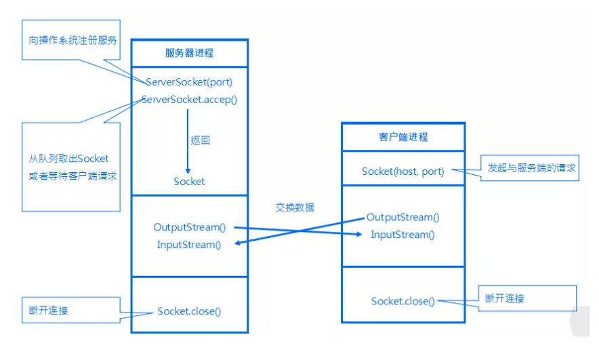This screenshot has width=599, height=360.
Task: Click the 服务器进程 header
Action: point(189,53)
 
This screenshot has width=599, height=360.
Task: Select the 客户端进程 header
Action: point(403,136)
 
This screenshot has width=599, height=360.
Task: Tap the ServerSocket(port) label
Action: point(189,82)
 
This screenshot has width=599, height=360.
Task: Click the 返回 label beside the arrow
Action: point(200,141)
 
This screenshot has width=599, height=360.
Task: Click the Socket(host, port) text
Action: point(403,172)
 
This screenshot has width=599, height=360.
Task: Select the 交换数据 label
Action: point(295,207)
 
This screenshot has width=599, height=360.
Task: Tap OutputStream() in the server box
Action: point(189,227)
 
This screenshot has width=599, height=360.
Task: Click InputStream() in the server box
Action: point(189,245)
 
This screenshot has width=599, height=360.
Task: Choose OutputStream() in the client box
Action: point(403,217)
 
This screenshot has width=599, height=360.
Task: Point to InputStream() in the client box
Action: point(403,235)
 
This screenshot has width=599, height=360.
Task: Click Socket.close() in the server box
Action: point(189,311)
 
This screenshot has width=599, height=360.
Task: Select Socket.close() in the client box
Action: point(403,301)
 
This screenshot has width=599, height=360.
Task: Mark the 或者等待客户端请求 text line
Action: point(70,176)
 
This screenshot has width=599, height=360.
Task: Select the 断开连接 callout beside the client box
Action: point(505,298)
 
